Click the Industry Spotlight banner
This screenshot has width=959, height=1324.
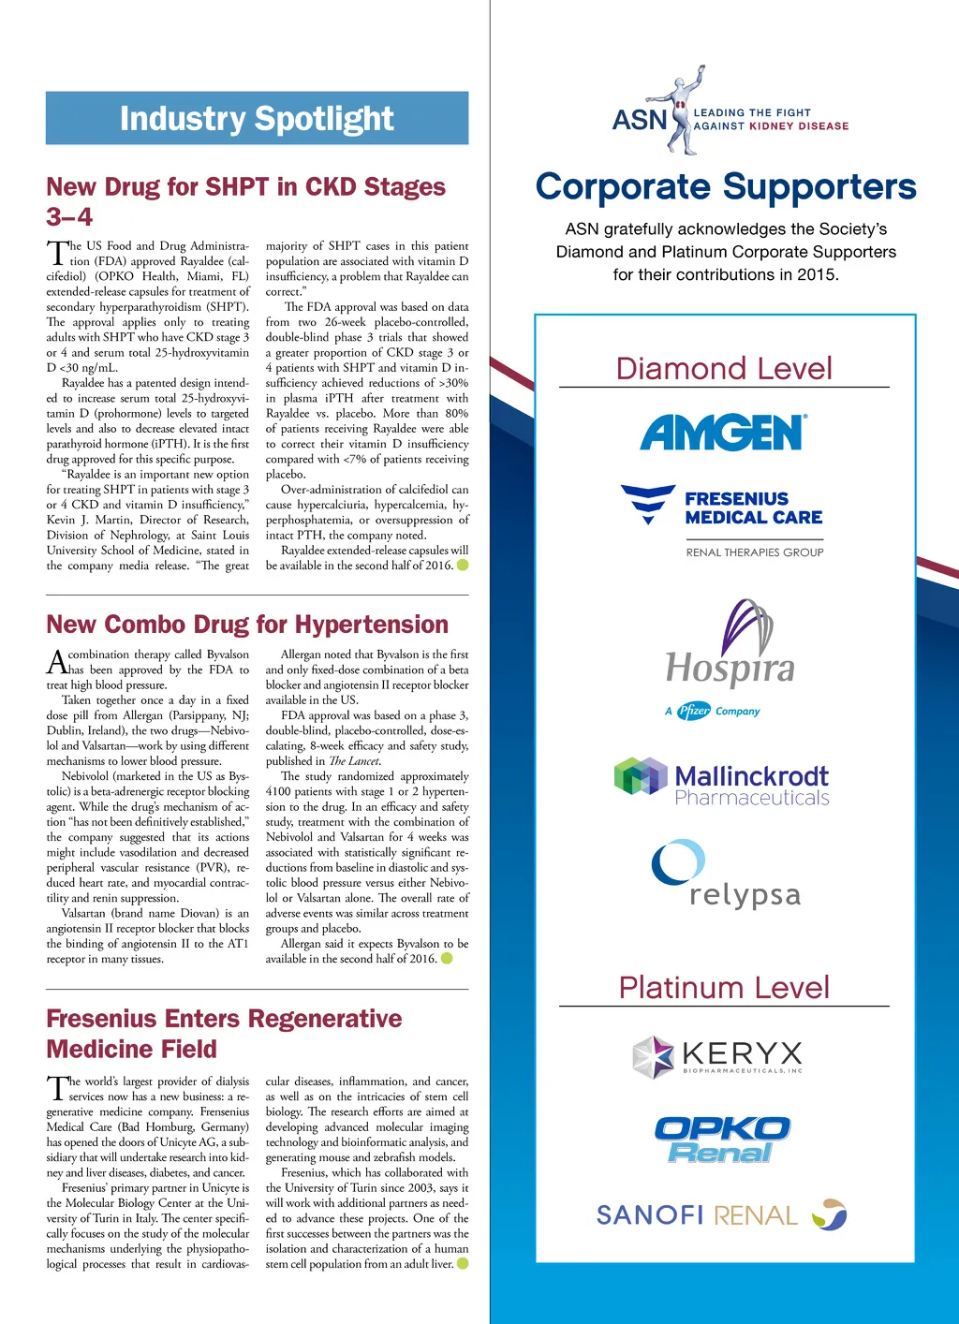click(257, 118)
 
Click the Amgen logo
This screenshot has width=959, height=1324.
click(724, 434)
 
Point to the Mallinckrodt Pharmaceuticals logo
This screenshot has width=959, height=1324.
click(722, 784)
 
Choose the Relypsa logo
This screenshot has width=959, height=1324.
click(726, 875)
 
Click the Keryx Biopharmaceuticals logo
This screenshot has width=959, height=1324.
click(717, 1056)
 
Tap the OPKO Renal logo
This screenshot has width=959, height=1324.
click(722, 1140)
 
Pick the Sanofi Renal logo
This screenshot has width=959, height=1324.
click(721, 1214)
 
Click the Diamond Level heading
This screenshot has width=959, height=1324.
click(724, 368)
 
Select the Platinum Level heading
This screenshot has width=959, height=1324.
click(724, 987)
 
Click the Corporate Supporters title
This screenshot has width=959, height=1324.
click(726, 186)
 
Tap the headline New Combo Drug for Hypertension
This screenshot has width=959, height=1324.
click(247, 625)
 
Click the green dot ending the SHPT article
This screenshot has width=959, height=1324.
click(463, 565)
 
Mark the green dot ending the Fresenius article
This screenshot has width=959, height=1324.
click(463, 1264)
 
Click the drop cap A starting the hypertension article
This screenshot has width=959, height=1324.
click(56, 662)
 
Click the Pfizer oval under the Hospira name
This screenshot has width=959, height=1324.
click(694, 711)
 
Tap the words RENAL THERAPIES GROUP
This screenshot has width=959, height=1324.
click(755, 552)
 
